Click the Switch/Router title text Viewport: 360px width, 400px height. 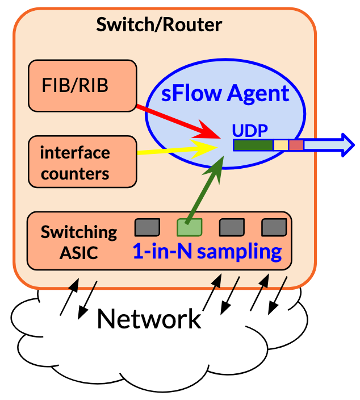click(158, 25)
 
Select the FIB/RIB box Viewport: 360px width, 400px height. click(83, 86)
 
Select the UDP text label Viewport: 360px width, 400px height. click(250, 130)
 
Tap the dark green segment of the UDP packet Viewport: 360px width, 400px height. click(253, 145)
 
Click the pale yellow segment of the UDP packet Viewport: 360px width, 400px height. click(281, 145)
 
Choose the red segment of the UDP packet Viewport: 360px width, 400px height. click(296, 145)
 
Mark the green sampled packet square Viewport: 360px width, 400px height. click(190, 227)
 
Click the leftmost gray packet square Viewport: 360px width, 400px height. click(146, 227)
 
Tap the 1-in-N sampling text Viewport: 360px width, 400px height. click(207, 251)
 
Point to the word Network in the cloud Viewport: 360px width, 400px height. click(149, 319)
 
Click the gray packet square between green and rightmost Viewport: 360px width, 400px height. click(231, 227)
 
